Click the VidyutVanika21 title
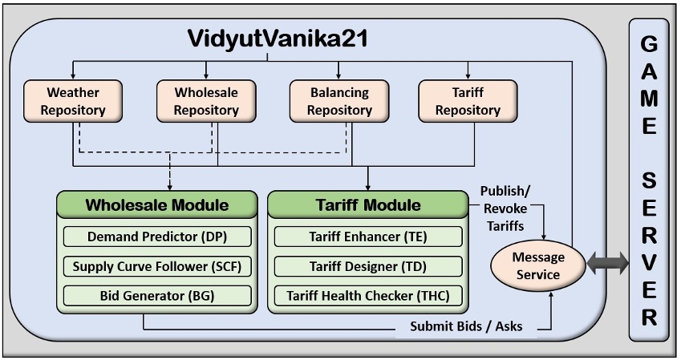coord(277,38)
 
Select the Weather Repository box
coord(73,100)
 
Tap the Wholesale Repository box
coord(205,100)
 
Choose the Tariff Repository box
coord(468,100)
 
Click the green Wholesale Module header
coord(156,205)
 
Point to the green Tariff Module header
coord(367,205)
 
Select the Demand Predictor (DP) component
coord(157,237)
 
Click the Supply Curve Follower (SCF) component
coord(157,266)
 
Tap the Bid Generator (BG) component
coord(157,295)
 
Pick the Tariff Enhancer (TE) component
coord(367,237)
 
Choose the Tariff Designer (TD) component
coord(367,266)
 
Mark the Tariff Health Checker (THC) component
coord(367,295)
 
